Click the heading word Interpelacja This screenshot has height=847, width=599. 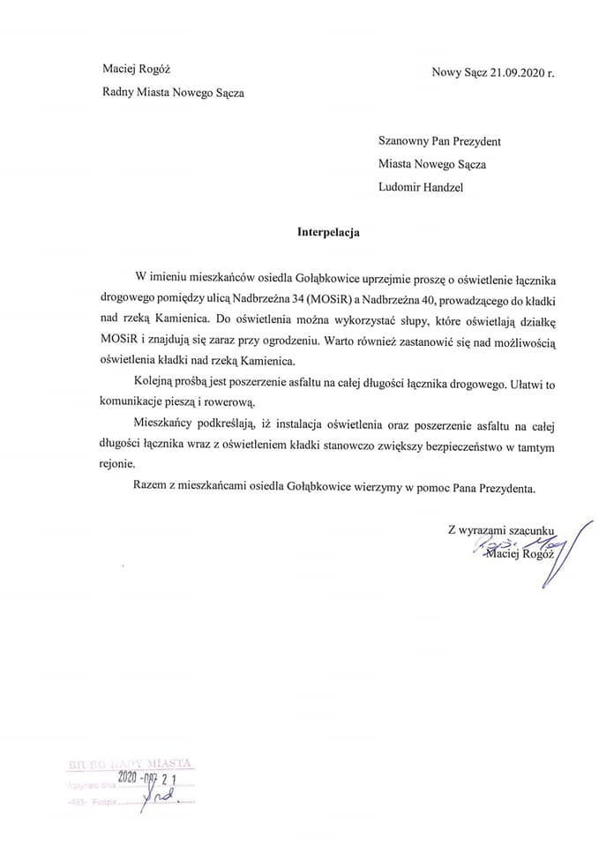coord(328,234)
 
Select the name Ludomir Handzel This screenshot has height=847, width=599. coord(422,187)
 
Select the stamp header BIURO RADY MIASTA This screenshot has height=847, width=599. coord(128,763)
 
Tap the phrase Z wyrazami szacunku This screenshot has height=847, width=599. coord(503,529)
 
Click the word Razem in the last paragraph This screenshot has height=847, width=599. coord(149,487)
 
